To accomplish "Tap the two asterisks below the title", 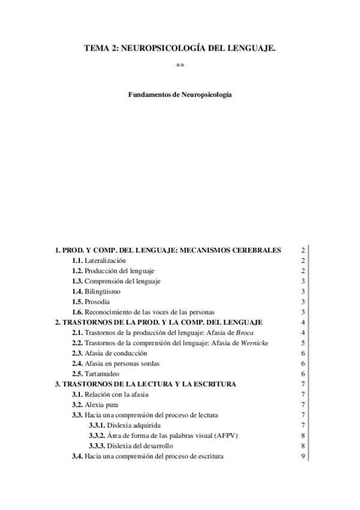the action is point(180,65).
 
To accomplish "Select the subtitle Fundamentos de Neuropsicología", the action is point(180,95).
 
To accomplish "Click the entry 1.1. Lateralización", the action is point(99,260).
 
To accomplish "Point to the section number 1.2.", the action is point(78,271).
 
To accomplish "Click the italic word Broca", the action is point(246,333).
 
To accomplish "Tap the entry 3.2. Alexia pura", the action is point(96,404).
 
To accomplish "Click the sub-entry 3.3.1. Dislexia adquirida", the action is point(126,425).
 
